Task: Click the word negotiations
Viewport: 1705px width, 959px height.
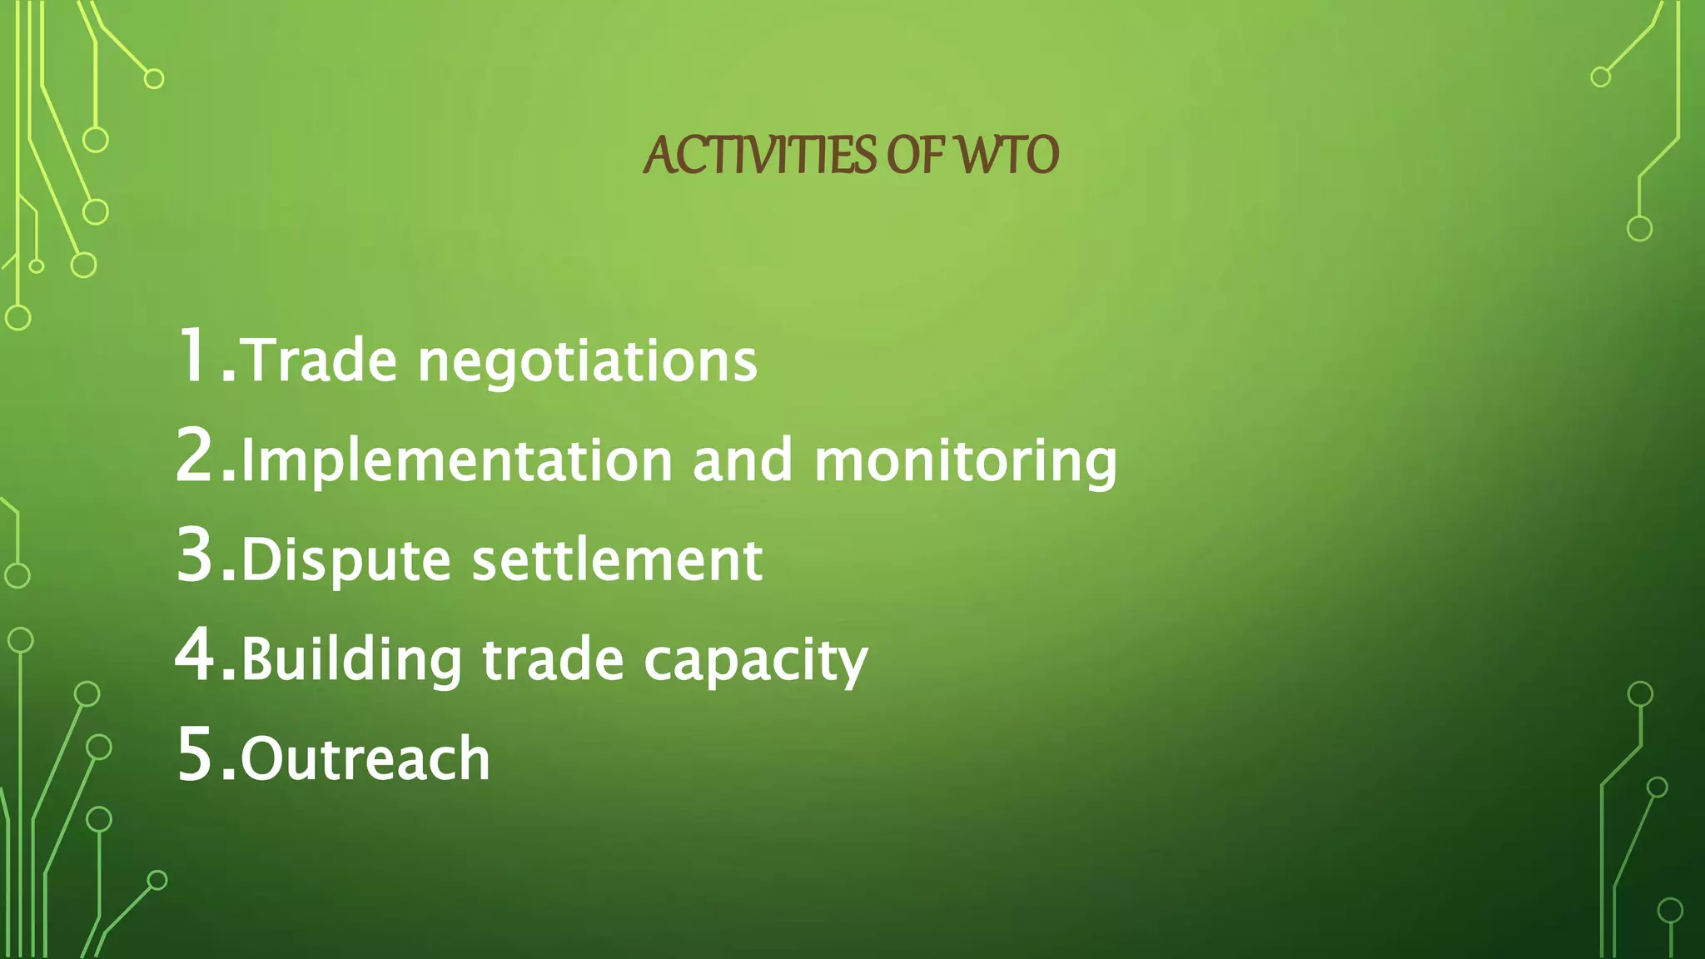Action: [x=588, y=363]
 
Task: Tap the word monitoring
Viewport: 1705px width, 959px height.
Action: [x=966, y=462]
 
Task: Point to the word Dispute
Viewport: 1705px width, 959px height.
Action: [x=345, y=561]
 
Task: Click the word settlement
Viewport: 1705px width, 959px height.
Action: [x=617, y=559]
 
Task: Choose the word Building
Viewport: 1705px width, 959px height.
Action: [x=351, y=661]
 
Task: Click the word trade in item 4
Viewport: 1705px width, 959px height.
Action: [x=553, y=659]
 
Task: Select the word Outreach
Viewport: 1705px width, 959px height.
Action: [x=365, y=759]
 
